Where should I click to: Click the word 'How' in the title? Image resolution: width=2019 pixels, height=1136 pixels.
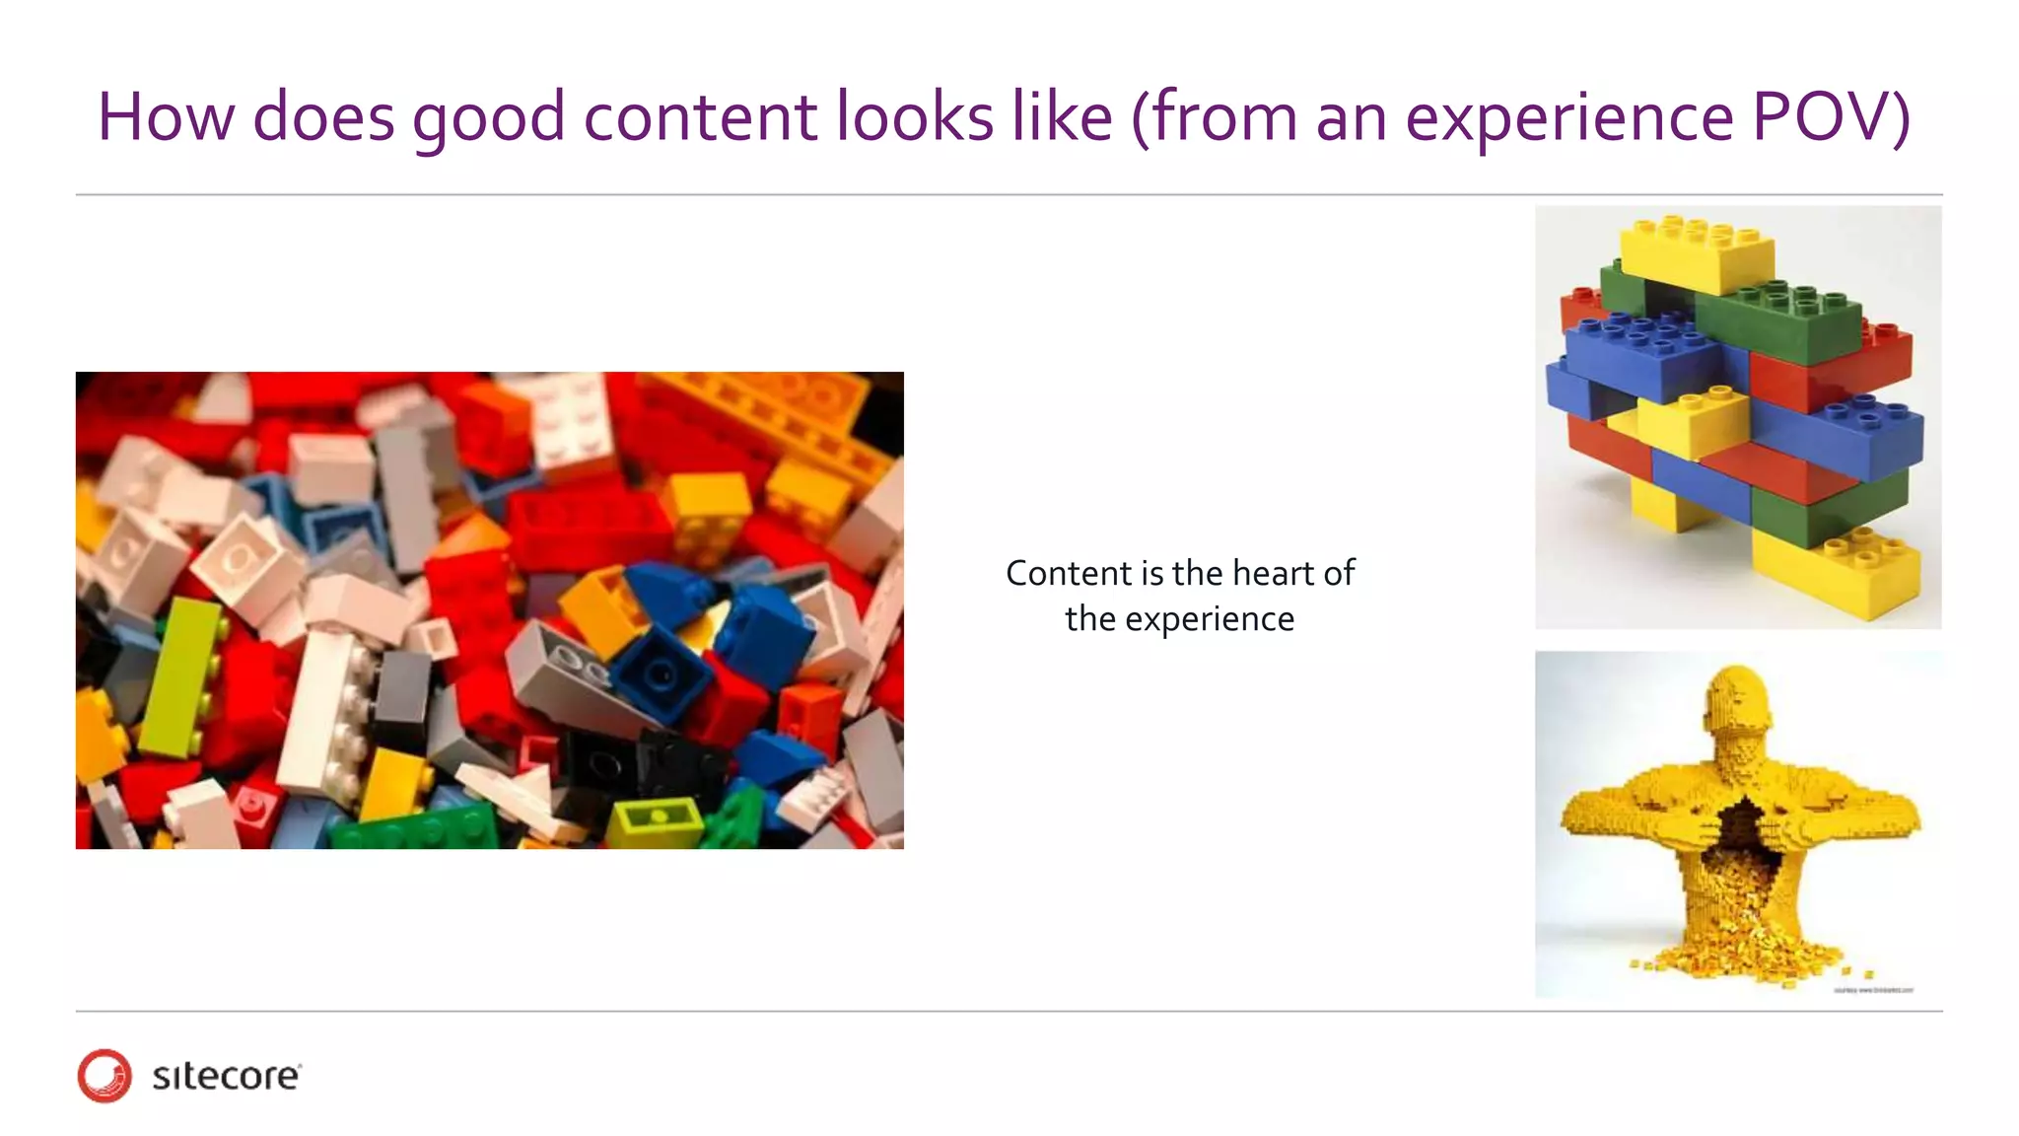pos(166,118)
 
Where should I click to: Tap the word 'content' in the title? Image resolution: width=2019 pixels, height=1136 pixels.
pos(701,118)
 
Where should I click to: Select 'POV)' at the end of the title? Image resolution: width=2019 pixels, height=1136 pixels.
pos(1831,118)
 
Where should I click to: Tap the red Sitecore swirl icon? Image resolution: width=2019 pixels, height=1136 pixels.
pos(104,1075)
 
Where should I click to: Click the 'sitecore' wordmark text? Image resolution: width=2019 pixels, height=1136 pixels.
pos(226,1076)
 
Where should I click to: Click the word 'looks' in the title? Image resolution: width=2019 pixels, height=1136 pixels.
pos(915,118)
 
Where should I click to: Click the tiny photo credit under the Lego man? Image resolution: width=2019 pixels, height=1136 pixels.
pos(1872,989)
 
